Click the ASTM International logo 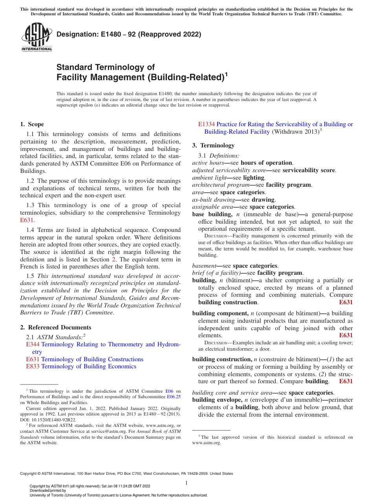click(x=36, y=37)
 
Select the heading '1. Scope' click(x=32, y=124)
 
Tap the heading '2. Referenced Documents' click(x=56, y=327)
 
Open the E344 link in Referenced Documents click(x=33, y=344)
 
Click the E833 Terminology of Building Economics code click(x=33, y=366)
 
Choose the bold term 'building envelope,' click(x=217, y=400)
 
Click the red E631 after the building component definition click(x=346, y=335)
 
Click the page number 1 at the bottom click(x=186, y=483)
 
